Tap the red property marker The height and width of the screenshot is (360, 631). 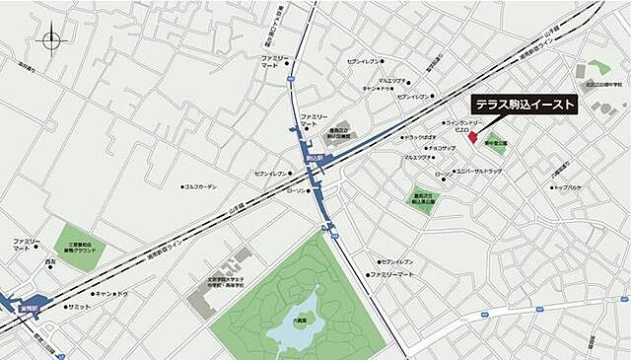(x=471, y=136)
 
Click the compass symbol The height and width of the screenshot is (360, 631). (x=51, y=40)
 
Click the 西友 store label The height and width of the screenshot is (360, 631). (x=50, y=262)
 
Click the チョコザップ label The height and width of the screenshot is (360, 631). (x=440, y=148)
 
